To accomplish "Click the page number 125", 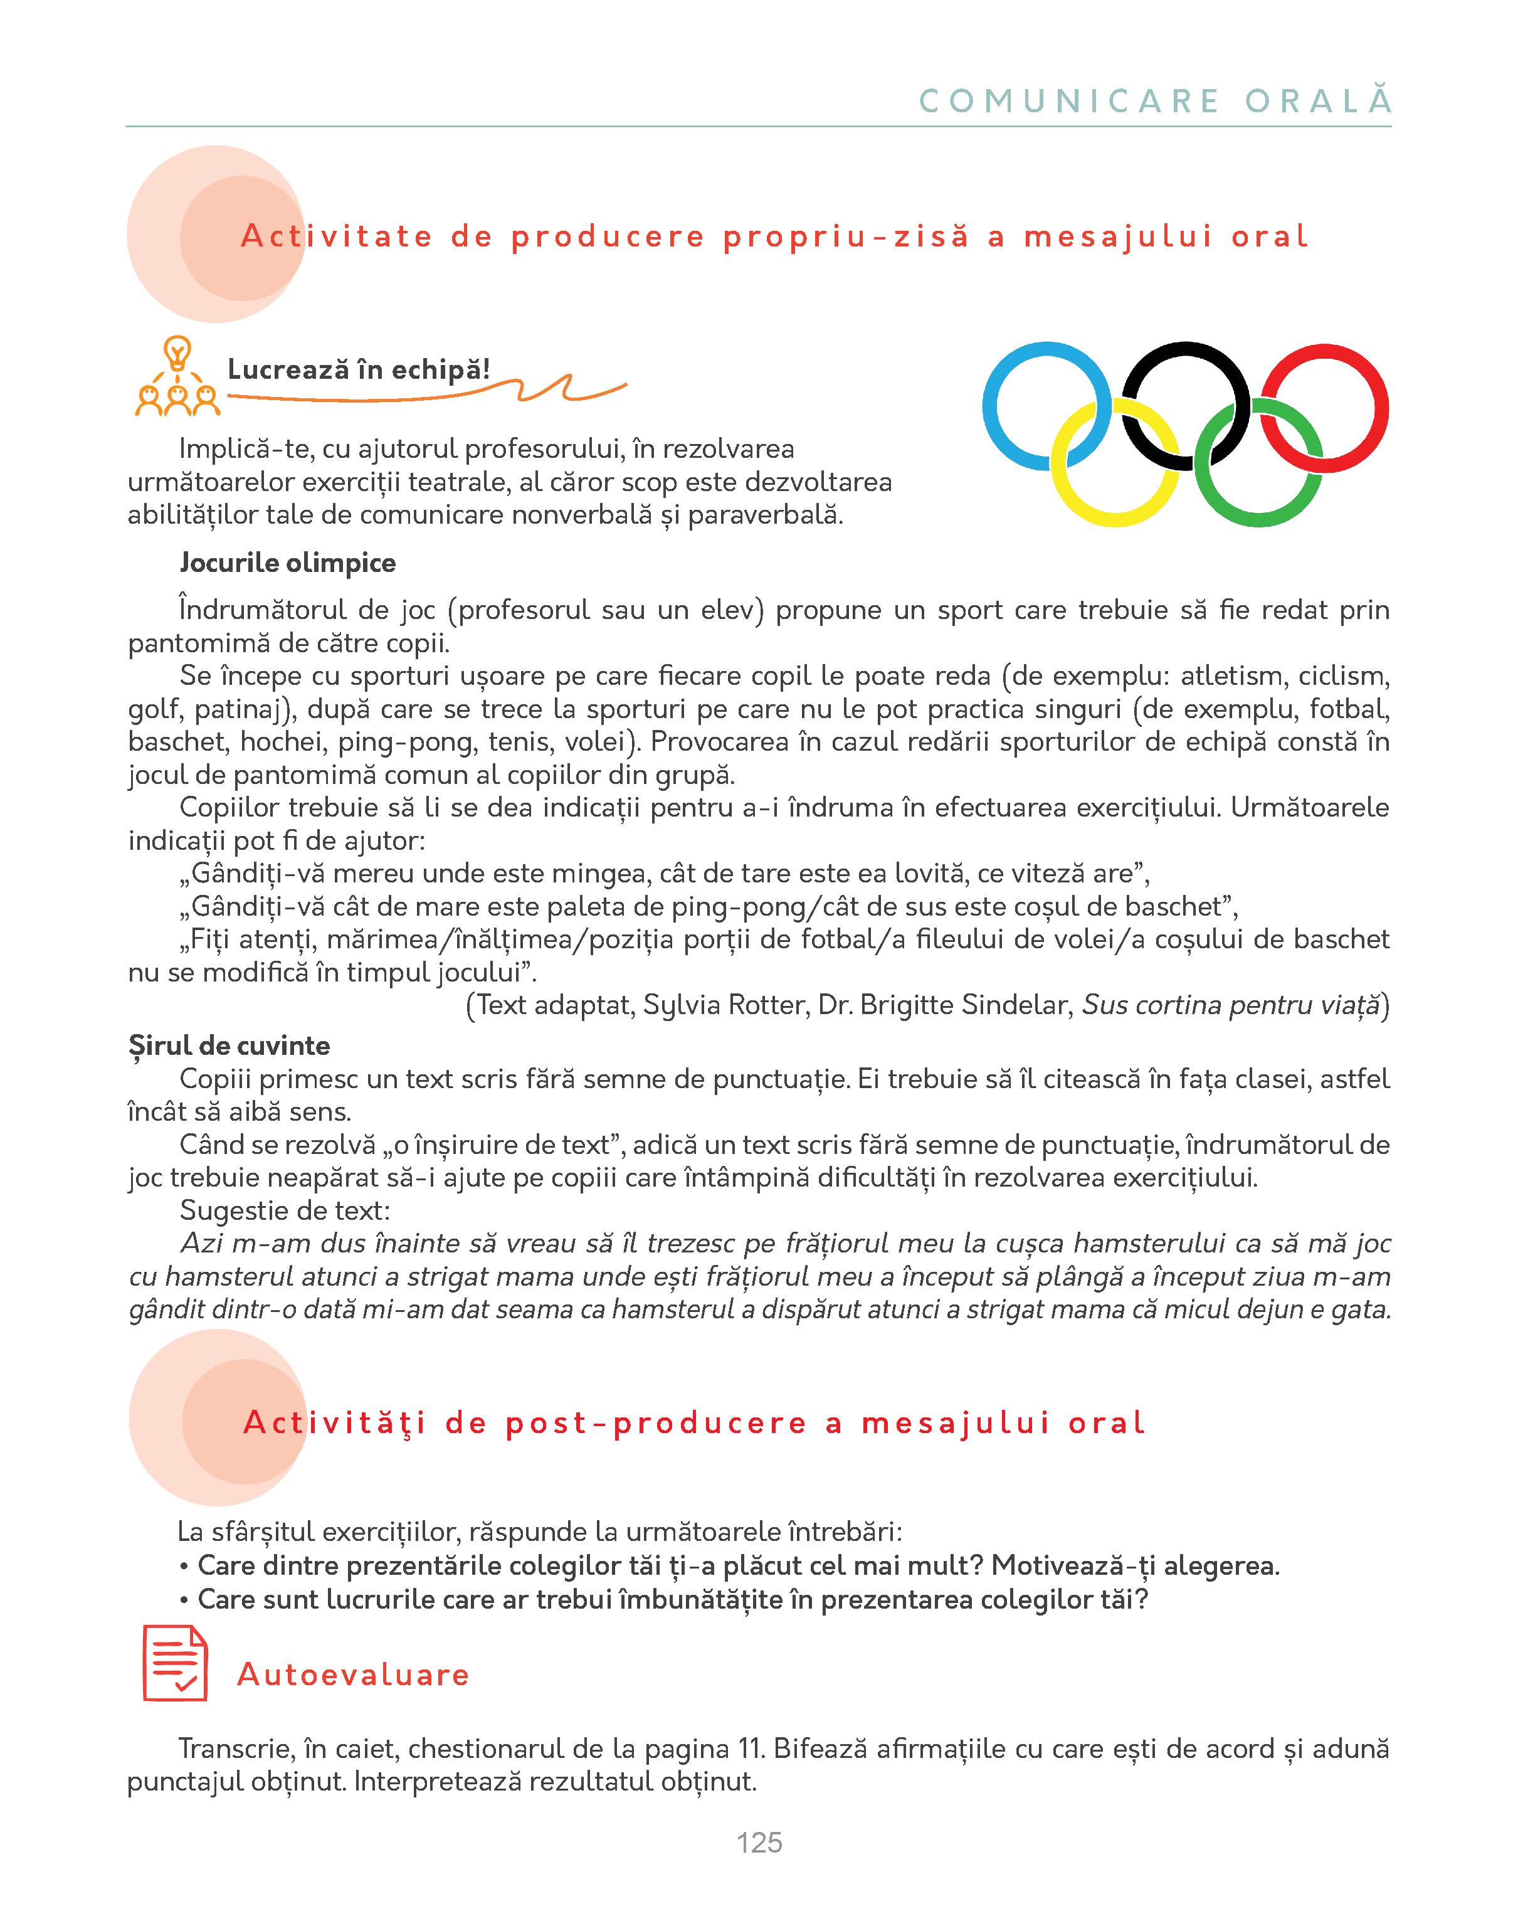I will [x=759, y=1843].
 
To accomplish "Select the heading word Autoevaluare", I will [x=353, y=1675].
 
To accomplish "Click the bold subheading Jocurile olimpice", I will [x=287, y=563].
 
